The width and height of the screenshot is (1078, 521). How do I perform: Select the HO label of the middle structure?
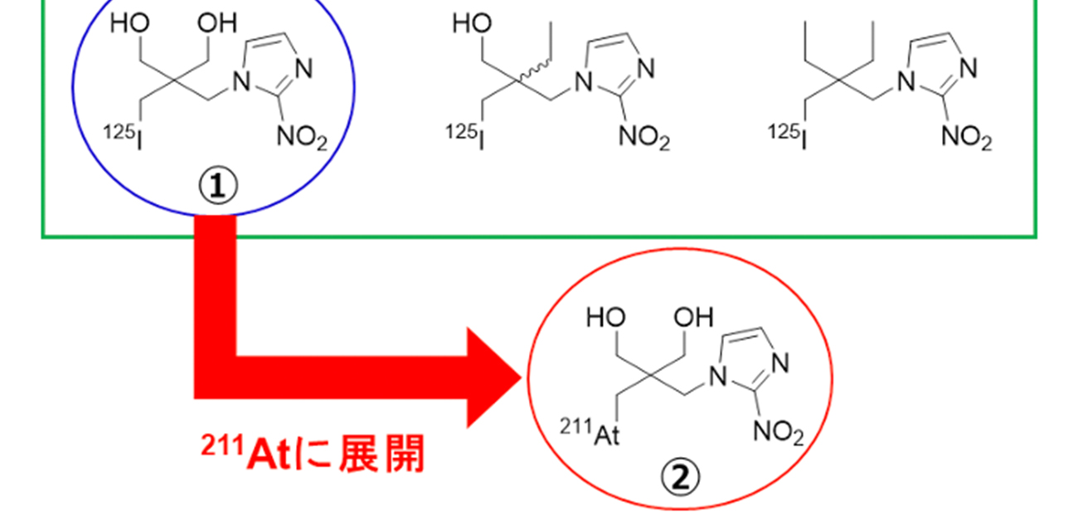point(470,24)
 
